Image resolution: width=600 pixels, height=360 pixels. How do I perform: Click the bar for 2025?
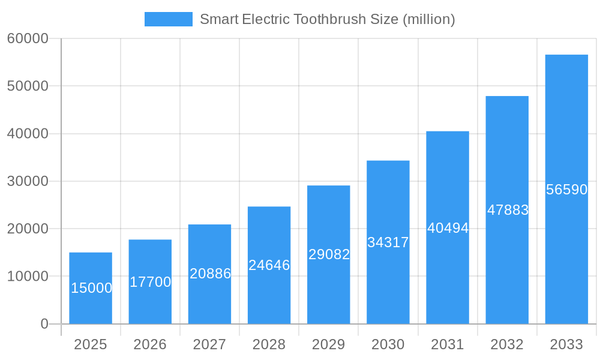pyautogui.click(x=91, y=288)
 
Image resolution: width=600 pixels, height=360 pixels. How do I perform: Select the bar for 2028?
pyautogui.click(x=269, y=265)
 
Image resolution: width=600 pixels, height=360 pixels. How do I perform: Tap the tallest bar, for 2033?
pyautogui.click(x=566, y=190)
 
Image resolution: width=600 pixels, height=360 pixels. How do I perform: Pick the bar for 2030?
pyautogui.click(x=388, y=242)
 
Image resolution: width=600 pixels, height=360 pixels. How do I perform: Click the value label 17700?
pyautogui.click(x=151, y=282)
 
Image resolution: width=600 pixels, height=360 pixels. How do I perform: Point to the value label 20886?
pyautogui.click(x=210, y=274)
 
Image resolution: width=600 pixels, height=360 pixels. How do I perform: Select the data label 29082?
pyautogui.click(x=329, y=254)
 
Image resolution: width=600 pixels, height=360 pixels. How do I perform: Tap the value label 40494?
pyautogui.click(x=448, y=228)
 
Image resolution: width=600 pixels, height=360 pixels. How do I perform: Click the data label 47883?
pyautogui.click(x=508, y=210)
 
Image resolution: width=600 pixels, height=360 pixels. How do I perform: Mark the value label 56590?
pyautogui.click(x=566, y=190)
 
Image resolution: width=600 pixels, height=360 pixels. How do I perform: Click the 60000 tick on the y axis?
pyautogui.click(x=27, y=38)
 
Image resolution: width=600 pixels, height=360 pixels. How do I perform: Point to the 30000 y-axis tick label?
pyautogui.click(x=27, y=181)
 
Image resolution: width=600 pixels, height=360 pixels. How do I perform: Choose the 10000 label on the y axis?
pyautogui.click(x=27, y=277)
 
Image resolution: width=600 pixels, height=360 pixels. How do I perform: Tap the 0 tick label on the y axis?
pyautogui.click(x=44, y=324)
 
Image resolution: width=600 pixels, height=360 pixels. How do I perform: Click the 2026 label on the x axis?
pyautogui.click(x=150, y=344)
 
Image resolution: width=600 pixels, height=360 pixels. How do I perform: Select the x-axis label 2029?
pyautogui.click(x=329, y=344)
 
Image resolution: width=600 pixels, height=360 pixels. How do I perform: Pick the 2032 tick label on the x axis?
pyautogui.click(x=507, y=344)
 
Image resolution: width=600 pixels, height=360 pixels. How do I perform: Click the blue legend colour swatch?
pyautogui.click(x=169, y=19)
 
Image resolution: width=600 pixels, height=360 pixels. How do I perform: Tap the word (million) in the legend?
pyautogui.click(x=428, y=19)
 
